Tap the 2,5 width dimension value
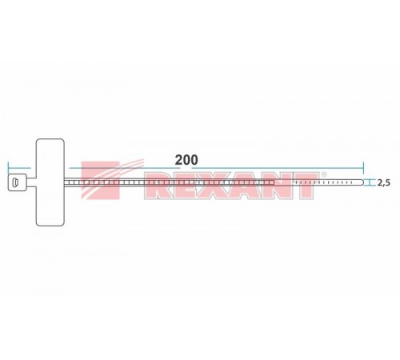[x=383, y=184]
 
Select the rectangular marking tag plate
[x=51, y=184]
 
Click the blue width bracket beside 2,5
[x=370, y=184]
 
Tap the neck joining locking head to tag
[x=30, y=185]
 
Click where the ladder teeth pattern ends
[x=274, y=185]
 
